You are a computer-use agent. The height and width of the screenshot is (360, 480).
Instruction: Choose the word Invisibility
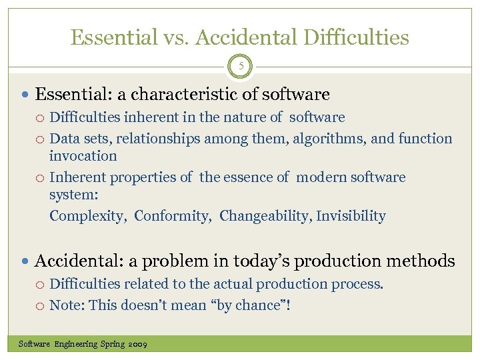(351, 216)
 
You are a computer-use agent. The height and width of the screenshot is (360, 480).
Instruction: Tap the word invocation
(83, 156)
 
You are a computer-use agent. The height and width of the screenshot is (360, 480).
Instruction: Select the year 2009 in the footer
(138, 344)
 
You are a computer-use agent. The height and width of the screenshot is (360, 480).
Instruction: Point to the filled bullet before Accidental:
(26, 261)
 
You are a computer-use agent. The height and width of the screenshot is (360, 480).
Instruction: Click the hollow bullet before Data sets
(41, 139)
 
